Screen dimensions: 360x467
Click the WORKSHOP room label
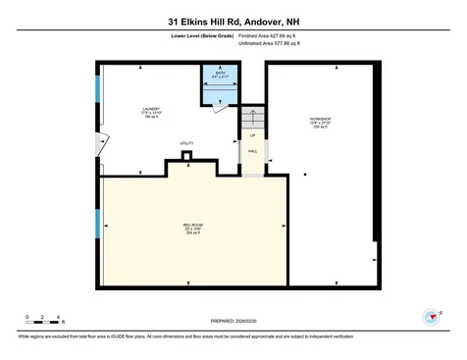[x=320, y=120]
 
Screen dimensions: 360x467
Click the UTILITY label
[x=186, y=144]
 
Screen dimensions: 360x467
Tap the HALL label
[x=252, y=152]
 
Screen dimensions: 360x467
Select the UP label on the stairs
[x=252, y=135]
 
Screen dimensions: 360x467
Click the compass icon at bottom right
[x=428, y=316]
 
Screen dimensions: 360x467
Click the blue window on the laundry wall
[x=97, y=87]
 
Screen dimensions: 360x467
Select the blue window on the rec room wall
[x=97, y=224]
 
